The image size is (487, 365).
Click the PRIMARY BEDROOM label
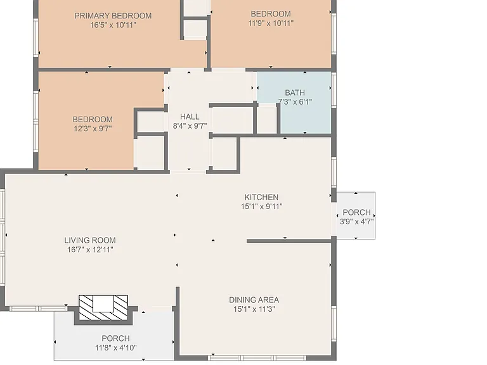tap(113, 16)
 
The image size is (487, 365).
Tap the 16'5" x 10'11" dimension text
tap(113, 25)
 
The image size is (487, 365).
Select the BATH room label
tap(295, 93)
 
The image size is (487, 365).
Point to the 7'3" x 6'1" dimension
tap(295, 102)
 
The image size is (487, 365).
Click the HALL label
tap(190, 117)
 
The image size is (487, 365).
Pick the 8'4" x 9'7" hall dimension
tap(190, 126)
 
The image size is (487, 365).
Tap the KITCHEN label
tap(261, 197)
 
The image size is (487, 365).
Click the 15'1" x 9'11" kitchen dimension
tap(261, 207)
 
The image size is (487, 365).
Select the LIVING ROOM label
tap(90, 240)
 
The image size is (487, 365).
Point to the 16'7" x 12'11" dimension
tap(90, 250)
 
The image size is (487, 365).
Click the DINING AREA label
tap(254, 300)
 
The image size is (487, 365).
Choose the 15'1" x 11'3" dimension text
tap(254, 309)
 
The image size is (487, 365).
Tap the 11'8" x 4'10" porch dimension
tap(116, 348)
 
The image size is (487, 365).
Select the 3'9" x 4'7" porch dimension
tap(356, 222)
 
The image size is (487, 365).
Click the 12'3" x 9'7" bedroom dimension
tap(93, 129)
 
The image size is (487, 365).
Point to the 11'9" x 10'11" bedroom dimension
tap(271, 23)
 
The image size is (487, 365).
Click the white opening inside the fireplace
tap(103, 304)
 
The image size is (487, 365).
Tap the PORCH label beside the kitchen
tap(356, 212)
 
